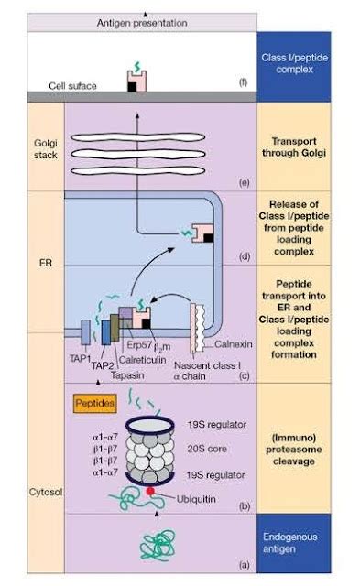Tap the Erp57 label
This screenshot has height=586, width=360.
point(161,345)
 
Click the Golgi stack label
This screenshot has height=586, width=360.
point(45,146)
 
